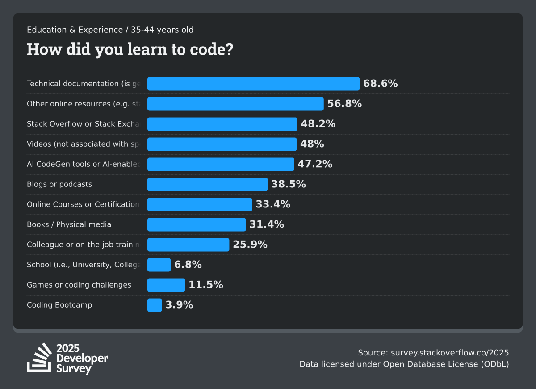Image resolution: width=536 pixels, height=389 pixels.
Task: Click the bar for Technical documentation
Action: click(253, 84)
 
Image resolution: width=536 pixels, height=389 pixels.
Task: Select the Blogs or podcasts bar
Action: click(207, 184)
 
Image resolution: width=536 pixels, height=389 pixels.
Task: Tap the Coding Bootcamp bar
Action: click(155, 305)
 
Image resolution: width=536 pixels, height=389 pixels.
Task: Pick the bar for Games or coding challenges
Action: click(166, 285)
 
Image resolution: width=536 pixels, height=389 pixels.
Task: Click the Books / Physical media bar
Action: click(197, 224)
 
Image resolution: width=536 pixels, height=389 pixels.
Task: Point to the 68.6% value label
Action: click(380, 84)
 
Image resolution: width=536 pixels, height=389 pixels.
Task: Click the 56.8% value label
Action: click(344, 104)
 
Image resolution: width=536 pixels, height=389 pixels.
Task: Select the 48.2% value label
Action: click(318, 124)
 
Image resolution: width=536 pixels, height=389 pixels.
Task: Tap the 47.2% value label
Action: click(315, 164)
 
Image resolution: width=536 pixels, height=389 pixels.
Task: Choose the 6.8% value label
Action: click(188, 265)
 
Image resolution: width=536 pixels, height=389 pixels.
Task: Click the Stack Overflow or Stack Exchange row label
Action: click(83, 124)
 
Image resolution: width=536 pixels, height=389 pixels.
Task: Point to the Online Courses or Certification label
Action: click(83, 204)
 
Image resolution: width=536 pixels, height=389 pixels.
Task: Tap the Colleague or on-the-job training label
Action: click(83, 245)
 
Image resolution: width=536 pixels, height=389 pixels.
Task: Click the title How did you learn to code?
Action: click(130, 49)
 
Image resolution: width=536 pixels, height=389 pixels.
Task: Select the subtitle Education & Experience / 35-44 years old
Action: click(110, 30)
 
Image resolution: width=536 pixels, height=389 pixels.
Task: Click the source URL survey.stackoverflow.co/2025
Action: click(450, 352)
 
